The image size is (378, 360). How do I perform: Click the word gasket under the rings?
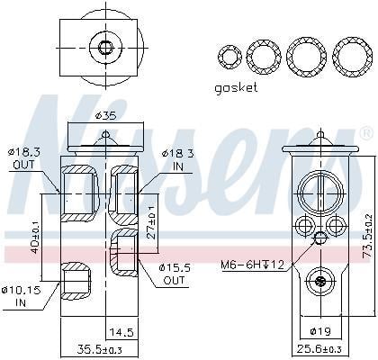tap(236, 88)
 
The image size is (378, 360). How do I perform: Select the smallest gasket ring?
tap(229, 57)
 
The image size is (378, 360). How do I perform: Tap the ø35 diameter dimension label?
tap(105, 115)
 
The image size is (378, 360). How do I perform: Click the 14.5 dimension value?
tap(121, 332)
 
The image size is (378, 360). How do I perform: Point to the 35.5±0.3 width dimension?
tap(100, 349)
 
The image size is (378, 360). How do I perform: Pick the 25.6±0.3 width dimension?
tap(319, 349)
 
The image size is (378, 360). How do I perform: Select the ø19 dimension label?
tap(320, 331)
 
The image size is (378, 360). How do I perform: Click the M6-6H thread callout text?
tap(252, 265)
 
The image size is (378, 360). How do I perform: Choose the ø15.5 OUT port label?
tap(175, 274)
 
